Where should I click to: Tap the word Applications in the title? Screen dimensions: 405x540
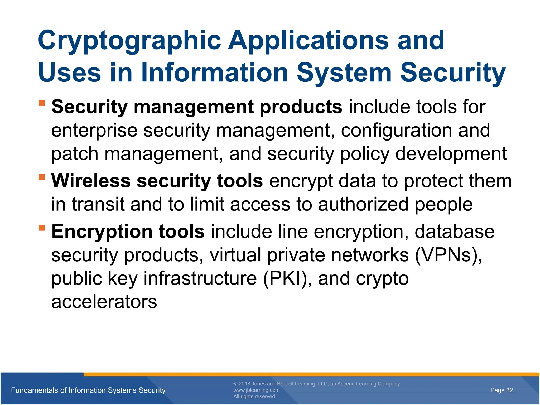[x=308, y=41]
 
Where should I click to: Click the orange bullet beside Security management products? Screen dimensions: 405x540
[x=42, y=103]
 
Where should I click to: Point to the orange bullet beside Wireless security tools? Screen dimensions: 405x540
[x=42, y=177]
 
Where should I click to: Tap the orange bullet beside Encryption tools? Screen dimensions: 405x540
[x=42, y=227]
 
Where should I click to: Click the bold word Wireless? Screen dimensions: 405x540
[x=91, y=181]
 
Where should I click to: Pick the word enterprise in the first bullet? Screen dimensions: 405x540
[x=94, y=131]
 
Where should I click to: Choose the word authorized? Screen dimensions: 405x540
[x=363, y=204]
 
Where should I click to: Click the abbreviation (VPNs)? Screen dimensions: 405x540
[x=448, y=255]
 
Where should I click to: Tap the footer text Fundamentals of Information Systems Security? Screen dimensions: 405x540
[x=88, y=390]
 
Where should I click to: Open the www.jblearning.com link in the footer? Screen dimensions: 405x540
[x=256, y=390]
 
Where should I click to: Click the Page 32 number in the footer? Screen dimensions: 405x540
[x=502, y=390]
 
